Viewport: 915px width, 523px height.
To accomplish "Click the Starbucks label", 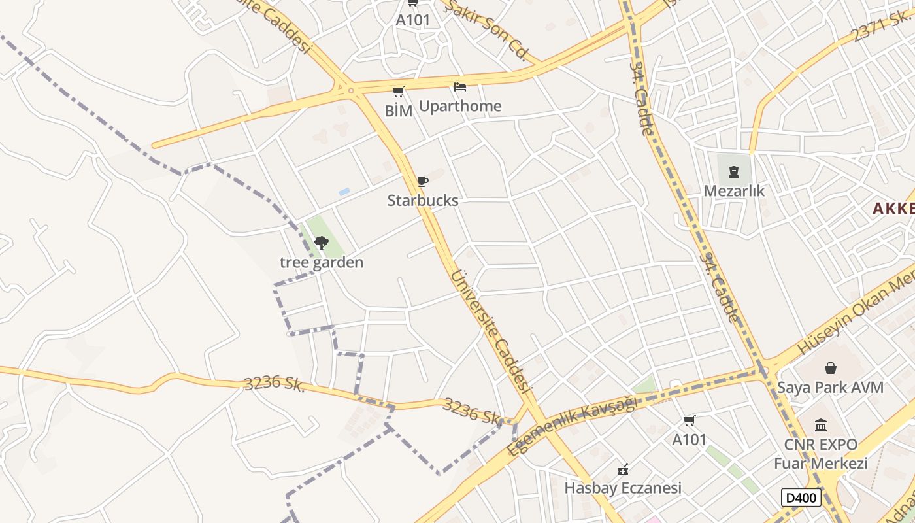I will (x=423, y=201).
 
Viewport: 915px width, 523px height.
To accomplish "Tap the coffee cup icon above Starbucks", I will (x=423, y=181).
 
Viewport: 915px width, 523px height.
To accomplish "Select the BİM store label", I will (x=399, y=111).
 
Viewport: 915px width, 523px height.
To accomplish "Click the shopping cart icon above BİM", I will (x=398, y=92).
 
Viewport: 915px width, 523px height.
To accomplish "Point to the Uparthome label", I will (x=460, y=106).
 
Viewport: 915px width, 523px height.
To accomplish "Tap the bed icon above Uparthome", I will (x=460, y=86).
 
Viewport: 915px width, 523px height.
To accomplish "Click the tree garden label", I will (x=322, y=263).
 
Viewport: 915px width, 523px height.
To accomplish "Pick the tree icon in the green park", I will (x=321, y=244).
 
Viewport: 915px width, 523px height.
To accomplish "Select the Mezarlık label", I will (x=734, y=191).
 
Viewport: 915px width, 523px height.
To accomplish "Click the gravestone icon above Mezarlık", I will (x=733, y=172).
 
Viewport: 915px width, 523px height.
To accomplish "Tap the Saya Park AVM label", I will (x=830, y=387).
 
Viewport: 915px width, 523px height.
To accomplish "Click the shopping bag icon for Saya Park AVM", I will (x=830, y=368).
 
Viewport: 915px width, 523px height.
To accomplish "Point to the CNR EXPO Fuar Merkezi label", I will (x=821, y=454).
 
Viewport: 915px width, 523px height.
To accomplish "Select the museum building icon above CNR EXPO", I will (x=821, y=426).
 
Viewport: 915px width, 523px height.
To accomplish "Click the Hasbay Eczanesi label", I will (x=623, y=488).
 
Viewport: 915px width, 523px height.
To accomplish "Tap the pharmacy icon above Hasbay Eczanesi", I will (x=623, y=469).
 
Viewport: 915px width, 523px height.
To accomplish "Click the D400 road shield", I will (x=801, y=498).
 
